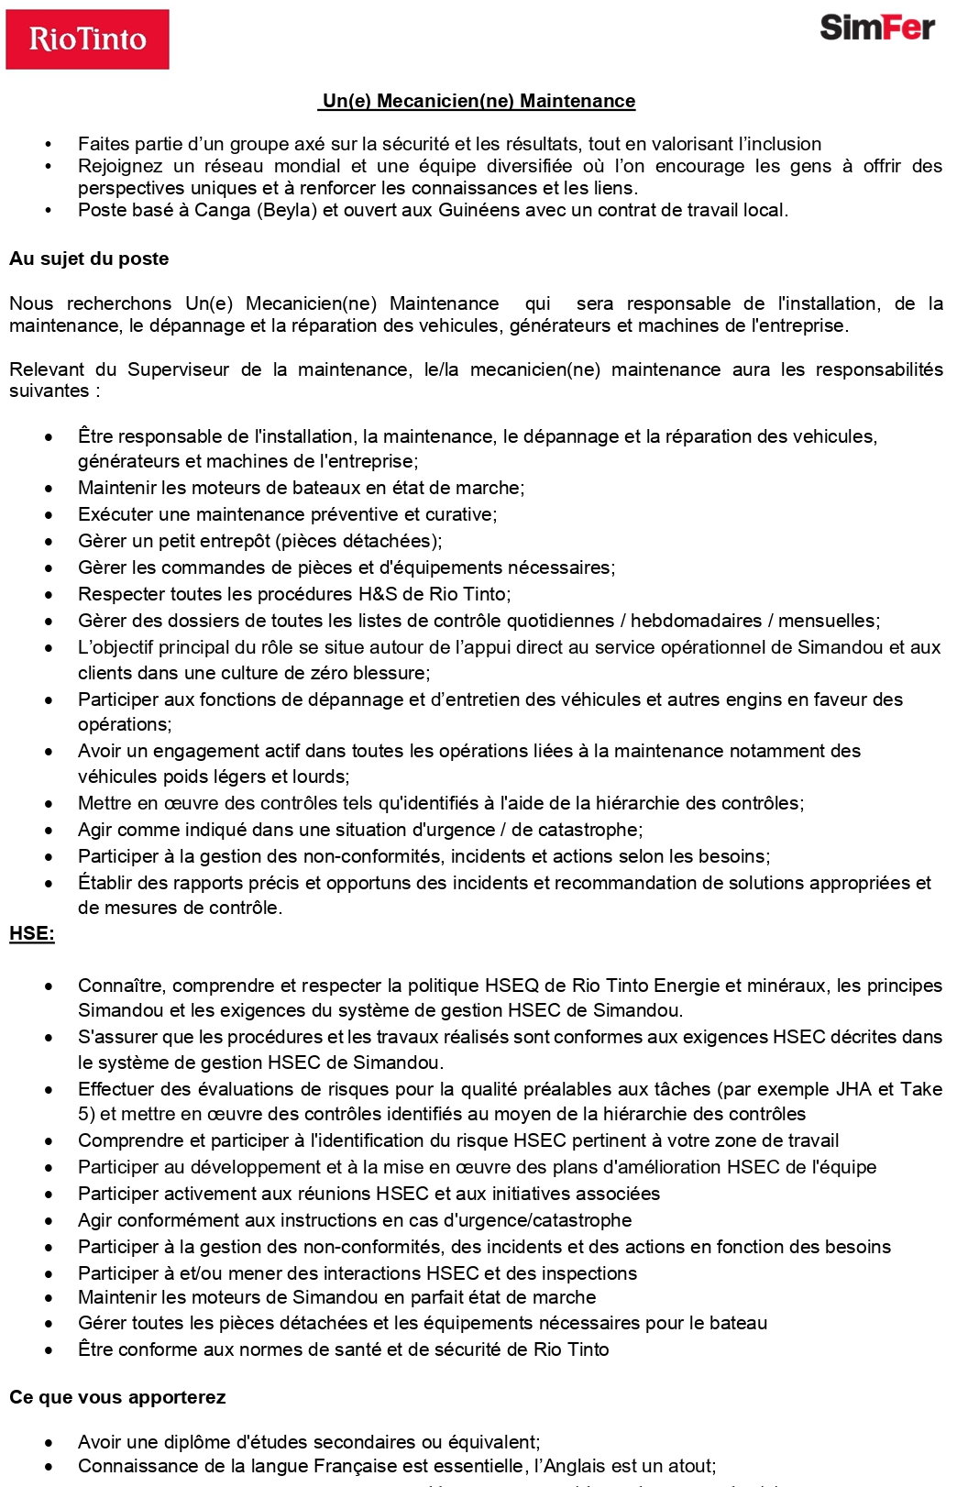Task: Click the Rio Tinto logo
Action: coord(87,39)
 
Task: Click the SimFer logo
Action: coord(876,28)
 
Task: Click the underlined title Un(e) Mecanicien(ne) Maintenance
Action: coord(478,101)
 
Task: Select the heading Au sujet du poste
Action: coord(89,259)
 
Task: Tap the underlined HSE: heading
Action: coord(32,933)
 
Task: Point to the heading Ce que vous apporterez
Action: coord(117,1397)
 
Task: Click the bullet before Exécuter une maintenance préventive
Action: coord(49,515)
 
